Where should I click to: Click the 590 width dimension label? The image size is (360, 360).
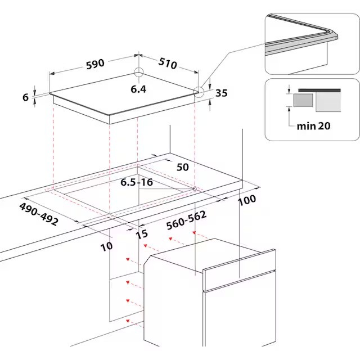(95, 64)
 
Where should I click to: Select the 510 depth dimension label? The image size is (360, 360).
(168, 63)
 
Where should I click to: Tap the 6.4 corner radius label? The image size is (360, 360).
(138, 89)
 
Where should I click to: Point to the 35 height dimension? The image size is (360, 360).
(222, 93)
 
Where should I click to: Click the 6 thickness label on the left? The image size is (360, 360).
(26, 97)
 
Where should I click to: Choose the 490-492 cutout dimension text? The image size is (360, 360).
(39, 214)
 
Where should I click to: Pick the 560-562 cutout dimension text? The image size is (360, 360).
(186, 220)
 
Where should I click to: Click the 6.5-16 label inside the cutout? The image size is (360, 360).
(137, 182)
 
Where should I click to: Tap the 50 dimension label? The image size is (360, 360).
(183, 167)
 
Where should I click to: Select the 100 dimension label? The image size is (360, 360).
(247, 200)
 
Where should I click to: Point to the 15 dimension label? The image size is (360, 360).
(142, 235)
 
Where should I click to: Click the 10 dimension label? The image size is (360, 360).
(106, 246)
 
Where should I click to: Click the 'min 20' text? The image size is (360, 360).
(314, 126)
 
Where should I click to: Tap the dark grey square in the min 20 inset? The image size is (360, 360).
(303, 100)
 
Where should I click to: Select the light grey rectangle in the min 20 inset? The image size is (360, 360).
(328, 102)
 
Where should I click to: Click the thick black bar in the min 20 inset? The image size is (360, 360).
(319, 91)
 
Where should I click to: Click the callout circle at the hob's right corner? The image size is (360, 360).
(199, 92)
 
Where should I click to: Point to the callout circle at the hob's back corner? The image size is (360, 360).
(139, 72)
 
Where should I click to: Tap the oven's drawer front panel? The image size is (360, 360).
(239, 269)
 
